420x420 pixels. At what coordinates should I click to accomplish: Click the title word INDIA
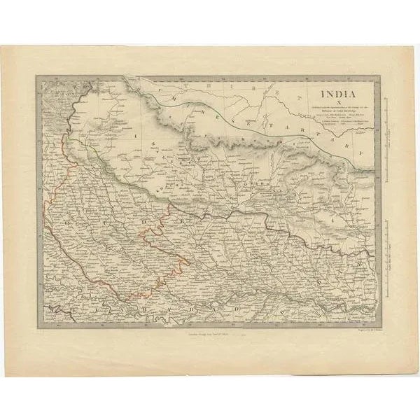coord(338,92)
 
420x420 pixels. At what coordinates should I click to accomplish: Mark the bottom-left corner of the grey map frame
coord(38,326)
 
